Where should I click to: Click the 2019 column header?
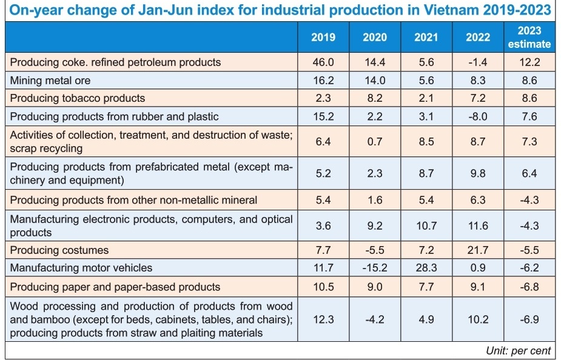coord(323,38)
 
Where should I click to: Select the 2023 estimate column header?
coord(529,38)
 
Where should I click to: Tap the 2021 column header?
coord(426,38)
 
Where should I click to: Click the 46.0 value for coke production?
coord(323,62)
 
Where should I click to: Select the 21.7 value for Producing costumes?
coord(478,250)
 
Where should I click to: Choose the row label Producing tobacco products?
coord(78,98)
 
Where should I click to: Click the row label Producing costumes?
coord(59,250)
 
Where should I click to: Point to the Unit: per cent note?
coord(518,350)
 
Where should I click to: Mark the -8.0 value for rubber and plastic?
coord(478,116)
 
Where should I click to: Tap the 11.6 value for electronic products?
coord(478,225)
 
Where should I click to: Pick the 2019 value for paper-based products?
coord(323,287)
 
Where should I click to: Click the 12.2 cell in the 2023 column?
coord(529,62)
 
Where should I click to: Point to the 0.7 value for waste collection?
coord(375,141)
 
